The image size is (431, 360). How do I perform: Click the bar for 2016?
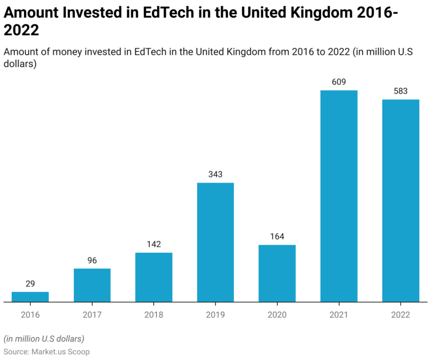click(30, 297)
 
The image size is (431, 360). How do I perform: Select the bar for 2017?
click(92, 285)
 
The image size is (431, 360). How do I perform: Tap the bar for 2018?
click(154, 277)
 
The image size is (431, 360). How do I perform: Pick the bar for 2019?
click(215, 242)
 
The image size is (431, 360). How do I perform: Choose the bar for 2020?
click(277, 273)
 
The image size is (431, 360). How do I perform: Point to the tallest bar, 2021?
click(339, 196)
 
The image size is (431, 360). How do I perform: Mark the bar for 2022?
click(401, 201)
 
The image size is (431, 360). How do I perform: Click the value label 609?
click(339, 82)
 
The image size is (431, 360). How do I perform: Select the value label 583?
click(401, 91)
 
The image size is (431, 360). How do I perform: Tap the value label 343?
click(215, 174)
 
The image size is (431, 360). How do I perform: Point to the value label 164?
click(277, 236)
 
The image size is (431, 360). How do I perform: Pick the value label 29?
click(30, 284)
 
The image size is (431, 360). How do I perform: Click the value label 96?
click(92, 261)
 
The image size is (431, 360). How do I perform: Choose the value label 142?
click(154, 244)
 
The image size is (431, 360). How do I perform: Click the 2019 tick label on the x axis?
click(215, 315)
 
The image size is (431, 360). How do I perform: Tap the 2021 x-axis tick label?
click(339, 315)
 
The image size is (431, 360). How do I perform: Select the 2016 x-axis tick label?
click(30, 315)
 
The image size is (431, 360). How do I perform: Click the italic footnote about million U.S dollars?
click(44, 338)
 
